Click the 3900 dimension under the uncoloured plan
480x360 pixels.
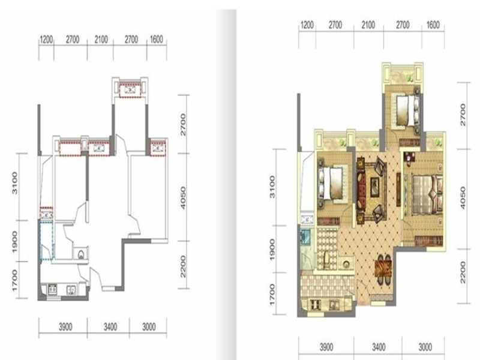pyautogui.click(x=65, y=327)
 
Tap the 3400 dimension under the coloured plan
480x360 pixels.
pyautogui.click(x=379, y=347)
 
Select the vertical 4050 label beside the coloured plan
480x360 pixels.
pyautogui.click(x=463, y=198)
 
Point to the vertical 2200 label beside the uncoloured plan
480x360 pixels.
pyautogui.click(x=183, y=266)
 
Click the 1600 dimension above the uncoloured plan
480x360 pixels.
pyautogui.click(x=156, y=40)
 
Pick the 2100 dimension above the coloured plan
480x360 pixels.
pyautogui.click(x=368, y=25)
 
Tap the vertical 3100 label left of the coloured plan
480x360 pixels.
pyautogui.click(x=272, y=187)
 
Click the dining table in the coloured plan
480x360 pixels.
pyautogui.click(x=383, y=269)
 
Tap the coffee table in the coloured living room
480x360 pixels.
pyautogui.click(x=374, y=187)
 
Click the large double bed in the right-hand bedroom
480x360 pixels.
pyautogui.click(x=427, y=194)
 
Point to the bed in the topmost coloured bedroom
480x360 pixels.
pyautogui.click(x=408, y=110)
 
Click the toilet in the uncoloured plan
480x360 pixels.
pyautogui.click(x=81, y=254)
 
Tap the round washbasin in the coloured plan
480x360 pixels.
pyautogui.click(x=347, y=264)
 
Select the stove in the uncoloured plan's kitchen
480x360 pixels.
pyautogui.click(x=52, y=289)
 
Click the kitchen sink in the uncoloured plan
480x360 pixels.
pyautogui.click(x=71, y=289)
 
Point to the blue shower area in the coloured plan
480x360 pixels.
pyautogui.click(x=306, y=236)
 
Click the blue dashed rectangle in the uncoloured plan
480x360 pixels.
pyautogui.click(x=47, y=241)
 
